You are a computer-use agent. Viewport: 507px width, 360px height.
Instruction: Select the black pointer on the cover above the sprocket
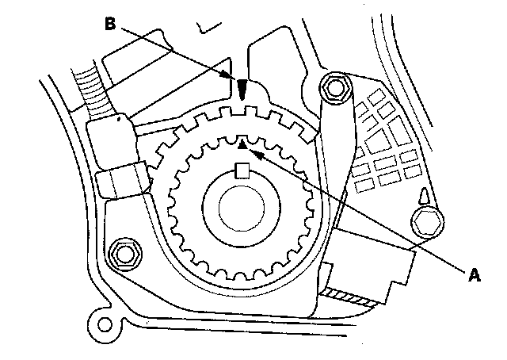point(243,88)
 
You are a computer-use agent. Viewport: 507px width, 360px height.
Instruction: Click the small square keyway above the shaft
point(244,168)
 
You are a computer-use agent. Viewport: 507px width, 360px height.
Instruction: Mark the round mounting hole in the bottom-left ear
point(100,324)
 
